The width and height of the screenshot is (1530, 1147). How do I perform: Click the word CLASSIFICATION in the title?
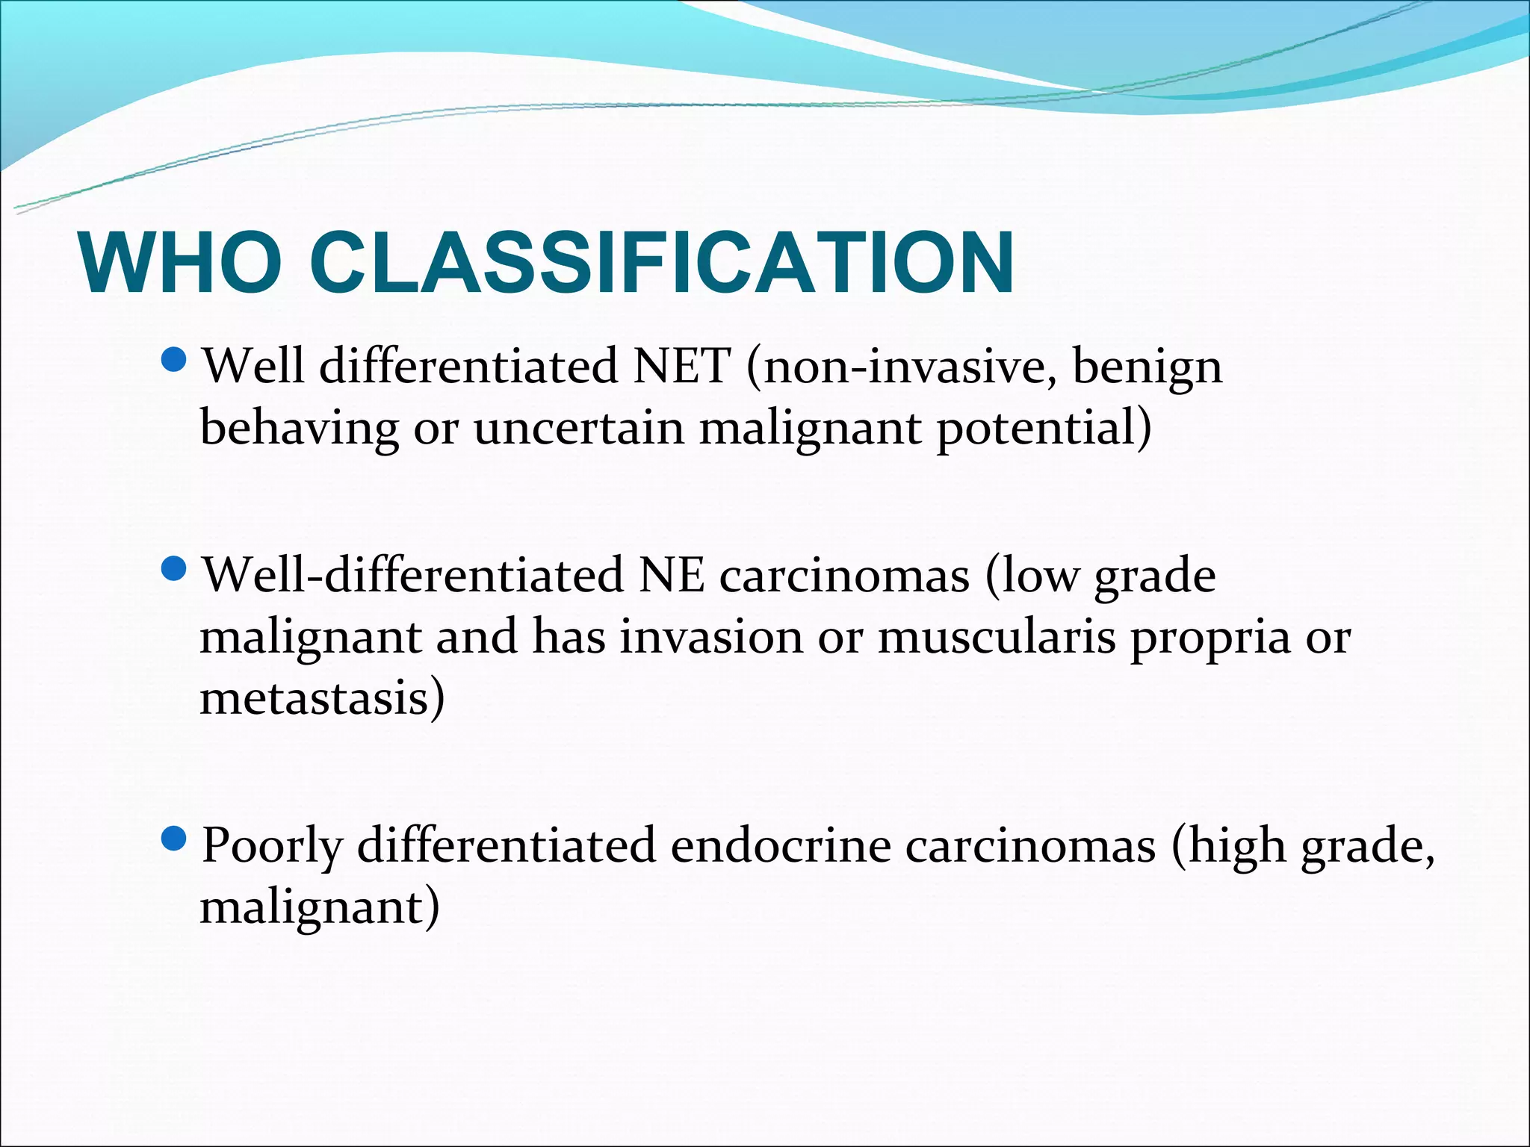tap(661, 264)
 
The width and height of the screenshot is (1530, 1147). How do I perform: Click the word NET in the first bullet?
tap(681, 367)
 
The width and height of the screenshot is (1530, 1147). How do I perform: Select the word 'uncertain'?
tap(578, 429)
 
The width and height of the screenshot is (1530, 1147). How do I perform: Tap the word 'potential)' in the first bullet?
tap(1044, 430)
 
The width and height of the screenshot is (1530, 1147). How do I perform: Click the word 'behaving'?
tap(299, 430)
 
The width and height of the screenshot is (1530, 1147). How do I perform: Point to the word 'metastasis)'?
tap(322, 698)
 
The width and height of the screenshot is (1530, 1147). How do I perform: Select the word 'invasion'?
tap(710, 637)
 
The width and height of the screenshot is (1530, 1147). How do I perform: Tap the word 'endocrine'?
tap(780, 845)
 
